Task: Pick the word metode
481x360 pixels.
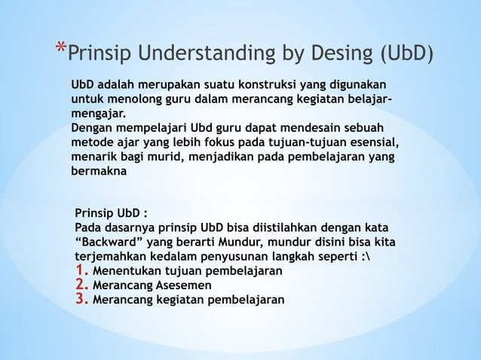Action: coord(93,143)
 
